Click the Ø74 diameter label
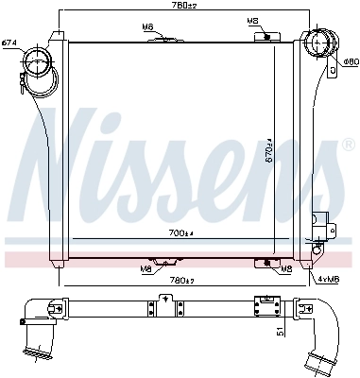pos(9,43)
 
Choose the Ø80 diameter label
pos(350,62)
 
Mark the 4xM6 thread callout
pos(330,279)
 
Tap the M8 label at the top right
pos(253,20)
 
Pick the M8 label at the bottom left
pos(146,268)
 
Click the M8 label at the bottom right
pos(286,268)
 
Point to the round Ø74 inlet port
pos(41,65)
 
